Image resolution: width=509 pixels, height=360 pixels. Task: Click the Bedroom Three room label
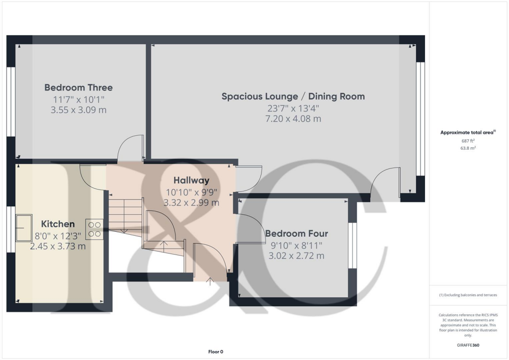pyautogui.click(x=79, y=88)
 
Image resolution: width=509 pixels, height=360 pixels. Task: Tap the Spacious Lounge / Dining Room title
pyautogui.click(x=293, y=96)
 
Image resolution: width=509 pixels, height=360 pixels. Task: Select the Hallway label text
pyautogui.click(x=191, y=180)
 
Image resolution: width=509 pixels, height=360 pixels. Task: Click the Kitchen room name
pyautogui.click(x=58, y=224)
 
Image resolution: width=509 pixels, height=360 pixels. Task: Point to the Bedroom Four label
pyautogui.click(x=296, y=233)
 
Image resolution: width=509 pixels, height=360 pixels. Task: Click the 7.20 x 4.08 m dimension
pyautogui.click(x=293, y=119)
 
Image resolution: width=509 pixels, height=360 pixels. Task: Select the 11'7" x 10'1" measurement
pyautogui.click(x=79, y=99)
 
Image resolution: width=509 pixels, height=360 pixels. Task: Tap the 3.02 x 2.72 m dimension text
pyautogui.click(x=296, y=256)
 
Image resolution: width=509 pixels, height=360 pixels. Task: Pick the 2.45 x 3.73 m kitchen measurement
pyautogui.click(x=58, y=246)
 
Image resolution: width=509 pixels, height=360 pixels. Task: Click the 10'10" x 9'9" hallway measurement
pyautogui.click(x=191, y=192)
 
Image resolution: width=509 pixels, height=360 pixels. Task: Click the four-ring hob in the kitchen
pyautogui.click(x=94, y=229)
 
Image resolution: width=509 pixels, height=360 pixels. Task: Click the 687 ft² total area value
pyautogui.click(x=468, y=141)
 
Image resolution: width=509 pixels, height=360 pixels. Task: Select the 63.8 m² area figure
pyautogui.click(x=468, y=148)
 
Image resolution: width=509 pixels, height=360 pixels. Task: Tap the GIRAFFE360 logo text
pyautogui.click(x=468, y=345)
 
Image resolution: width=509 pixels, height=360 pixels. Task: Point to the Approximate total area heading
pyautogui.click(x=468, y=132)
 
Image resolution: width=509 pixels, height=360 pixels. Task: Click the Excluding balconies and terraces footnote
pyautogui.click(x=468, y=295)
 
